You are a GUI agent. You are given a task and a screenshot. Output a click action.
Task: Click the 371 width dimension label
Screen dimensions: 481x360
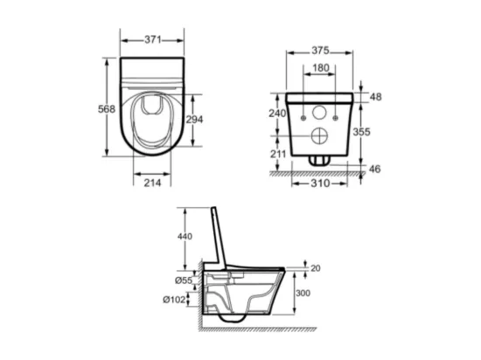(x=153, y=40)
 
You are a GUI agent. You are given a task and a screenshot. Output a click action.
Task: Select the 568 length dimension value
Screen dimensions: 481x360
(x=107, y=109)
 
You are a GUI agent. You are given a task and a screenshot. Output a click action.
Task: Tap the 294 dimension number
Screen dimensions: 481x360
(x=194, y=120)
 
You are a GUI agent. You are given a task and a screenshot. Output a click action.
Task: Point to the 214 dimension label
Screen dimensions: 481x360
(x=152, y=183)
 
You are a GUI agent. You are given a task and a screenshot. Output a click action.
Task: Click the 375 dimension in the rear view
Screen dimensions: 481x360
(x=320, y=51)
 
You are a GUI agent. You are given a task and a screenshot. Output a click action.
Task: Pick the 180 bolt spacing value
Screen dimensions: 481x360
(x=321, y=68)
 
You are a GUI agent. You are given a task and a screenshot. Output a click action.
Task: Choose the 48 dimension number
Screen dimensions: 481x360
(x=376, y=97)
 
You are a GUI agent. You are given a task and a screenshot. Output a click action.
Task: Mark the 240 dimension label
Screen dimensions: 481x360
(x=277, y=114)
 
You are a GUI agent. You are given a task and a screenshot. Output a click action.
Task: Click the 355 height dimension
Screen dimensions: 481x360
(x=362, y=132)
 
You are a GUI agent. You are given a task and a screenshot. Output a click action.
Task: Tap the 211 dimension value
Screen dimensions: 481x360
(x=278, y=154)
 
